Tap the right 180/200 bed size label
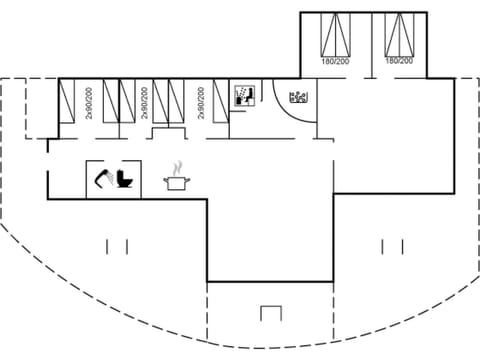(x=399, y=61)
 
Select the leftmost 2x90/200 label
(x=88, y=102)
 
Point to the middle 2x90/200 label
(x=145, y=102)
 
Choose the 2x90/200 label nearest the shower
(x=201, y=102)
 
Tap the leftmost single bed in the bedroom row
(x=68, y=100)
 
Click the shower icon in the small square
(x=243, y=96)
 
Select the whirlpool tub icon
(x=297, y=98)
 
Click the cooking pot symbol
(x=177, y=182)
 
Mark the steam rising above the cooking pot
(x=178, y=166)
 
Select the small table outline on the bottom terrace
(x=271, y=313)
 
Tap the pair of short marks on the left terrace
(x=117, y=245)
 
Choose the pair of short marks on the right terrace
(x=392, y=245)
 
